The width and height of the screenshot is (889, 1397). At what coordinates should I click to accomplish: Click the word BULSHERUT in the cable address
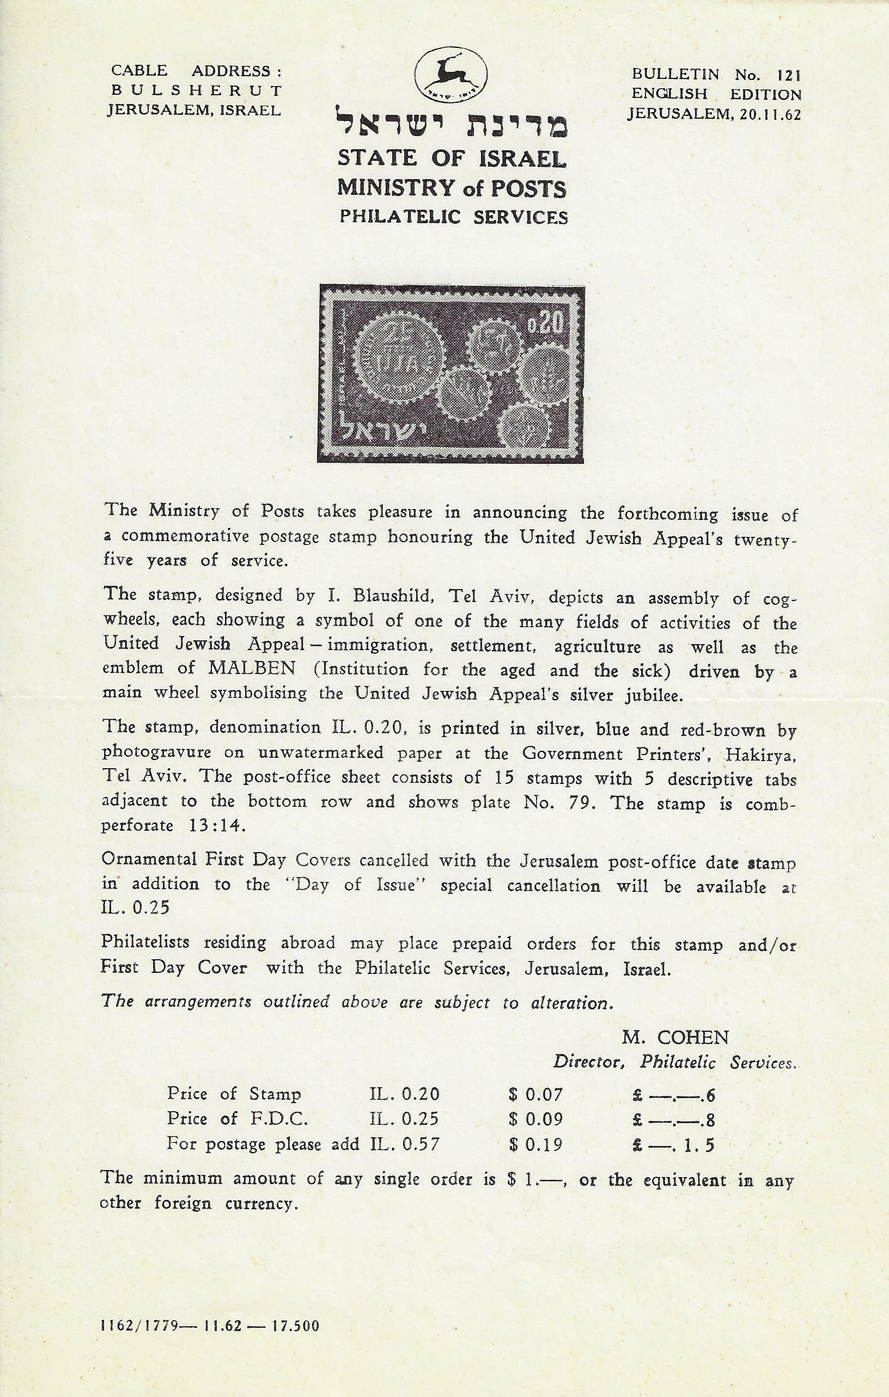pos(196,91)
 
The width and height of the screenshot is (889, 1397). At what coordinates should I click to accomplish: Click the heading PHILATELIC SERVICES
pos(453,217)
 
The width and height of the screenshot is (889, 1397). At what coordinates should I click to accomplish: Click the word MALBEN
pos(252,669)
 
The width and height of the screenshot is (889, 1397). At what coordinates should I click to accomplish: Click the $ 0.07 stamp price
pos(535,1094)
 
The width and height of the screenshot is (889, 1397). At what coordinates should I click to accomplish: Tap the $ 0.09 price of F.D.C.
pos(535,1119)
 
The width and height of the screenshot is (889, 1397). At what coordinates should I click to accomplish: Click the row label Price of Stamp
pos(234,1094)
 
